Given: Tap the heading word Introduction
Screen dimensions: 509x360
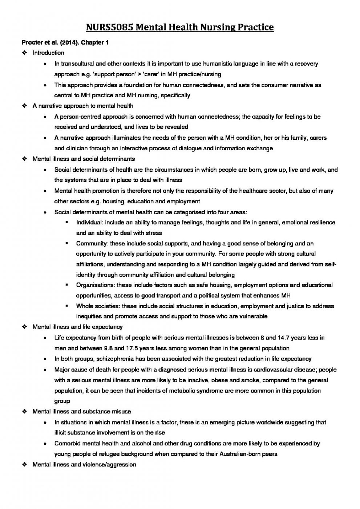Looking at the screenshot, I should (x=48, y=53).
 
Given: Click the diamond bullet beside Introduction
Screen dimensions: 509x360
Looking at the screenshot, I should (x=25, y=53).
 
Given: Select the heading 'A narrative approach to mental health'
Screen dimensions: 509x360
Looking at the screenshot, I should (x=83, y=106).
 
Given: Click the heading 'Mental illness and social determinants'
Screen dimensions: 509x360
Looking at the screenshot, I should (x=84, y=159).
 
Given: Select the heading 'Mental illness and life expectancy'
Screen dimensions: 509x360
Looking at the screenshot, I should (x=77, y=327).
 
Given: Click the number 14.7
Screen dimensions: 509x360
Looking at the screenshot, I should (x=283, y=338).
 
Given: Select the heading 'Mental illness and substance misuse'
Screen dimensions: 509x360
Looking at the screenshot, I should (x=82, y=412).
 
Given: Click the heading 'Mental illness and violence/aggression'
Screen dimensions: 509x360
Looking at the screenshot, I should (x=84, y=465).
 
